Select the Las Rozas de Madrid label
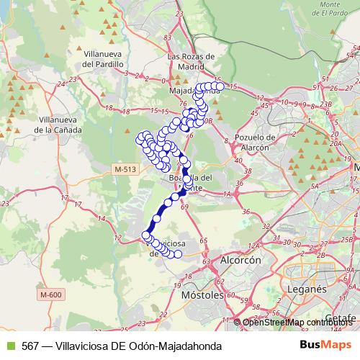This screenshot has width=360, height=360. click(192, 62)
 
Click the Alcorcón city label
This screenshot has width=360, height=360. click(240, 260)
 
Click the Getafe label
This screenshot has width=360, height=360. click(340, 318)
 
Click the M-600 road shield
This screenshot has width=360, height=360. click(52, 294)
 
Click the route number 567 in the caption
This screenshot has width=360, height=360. click(31, 346)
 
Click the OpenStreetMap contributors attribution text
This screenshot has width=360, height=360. click(297, 322)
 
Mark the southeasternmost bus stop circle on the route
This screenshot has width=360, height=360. click(178, 254)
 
